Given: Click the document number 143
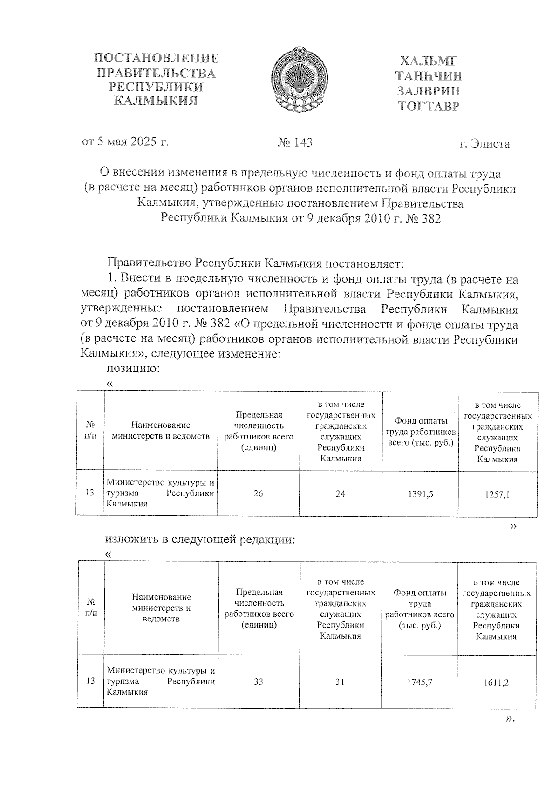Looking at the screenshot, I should click(295, 142).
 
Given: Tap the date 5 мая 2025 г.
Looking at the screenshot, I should click(125, 141).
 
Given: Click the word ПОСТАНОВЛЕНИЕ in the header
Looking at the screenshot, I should click(156, 59).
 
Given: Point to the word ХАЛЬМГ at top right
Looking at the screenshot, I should click(429, 61).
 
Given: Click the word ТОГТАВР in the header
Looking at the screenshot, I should click(429, 106).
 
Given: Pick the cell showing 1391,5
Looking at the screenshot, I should click(421, 494).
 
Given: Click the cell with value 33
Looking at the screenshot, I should click(259, 682).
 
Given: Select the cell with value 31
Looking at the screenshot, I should click(341, 682).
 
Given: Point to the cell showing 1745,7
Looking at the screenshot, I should click(420, 682).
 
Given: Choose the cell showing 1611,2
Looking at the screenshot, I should click(497, 683).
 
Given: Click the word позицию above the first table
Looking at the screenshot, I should click(134, 369).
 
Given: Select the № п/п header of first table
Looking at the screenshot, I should click(91, 430).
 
